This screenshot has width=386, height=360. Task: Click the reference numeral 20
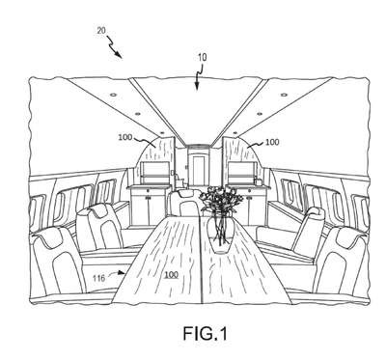(101, 31)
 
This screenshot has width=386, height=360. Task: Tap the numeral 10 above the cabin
(203, 58)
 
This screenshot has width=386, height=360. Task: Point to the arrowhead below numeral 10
(197, 86)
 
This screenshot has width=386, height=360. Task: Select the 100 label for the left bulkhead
(125, 137)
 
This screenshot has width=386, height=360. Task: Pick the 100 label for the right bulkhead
(272, 142)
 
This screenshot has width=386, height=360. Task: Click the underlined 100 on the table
(171, 275)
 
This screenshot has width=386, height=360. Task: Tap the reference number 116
(98, 278)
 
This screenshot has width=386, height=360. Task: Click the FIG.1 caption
(206, 334)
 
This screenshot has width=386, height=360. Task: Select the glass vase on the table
(219, 233)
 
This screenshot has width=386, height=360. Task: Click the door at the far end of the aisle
(198, 169)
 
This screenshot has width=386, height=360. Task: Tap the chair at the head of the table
(184, 204)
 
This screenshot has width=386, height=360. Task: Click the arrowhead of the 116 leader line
(122, 273)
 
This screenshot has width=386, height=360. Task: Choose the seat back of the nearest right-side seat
(344, 262)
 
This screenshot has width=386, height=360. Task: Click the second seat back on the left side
(99, 227)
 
